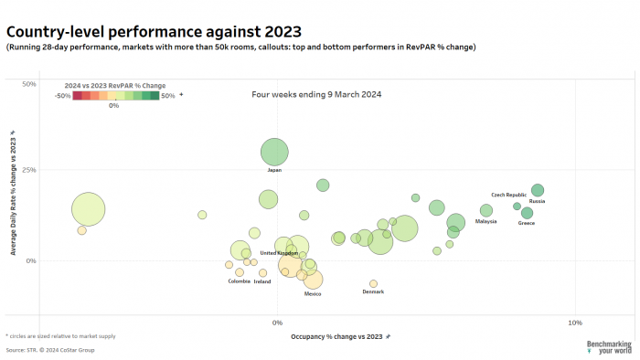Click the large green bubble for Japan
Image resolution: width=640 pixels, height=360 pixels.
pos(275,153)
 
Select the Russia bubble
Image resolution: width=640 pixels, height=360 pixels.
pos(538,190)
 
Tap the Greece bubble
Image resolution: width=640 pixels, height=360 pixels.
pos(527,213)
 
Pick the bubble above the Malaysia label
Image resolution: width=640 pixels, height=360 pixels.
pos(486,211)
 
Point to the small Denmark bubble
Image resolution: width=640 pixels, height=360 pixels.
pos(373,283)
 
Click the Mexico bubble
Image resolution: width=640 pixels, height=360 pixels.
pos(313,280)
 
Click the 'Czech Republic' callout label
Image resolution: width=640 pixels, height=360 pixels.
pos(508,195)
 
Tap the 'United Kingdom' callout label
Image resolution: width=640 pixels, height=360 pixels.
pos(279,253)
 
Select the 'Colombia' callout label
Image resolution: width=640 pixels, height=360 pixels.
pos(239,281)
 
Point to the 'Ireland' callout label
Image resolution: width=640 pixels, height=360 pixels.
pos(262,281)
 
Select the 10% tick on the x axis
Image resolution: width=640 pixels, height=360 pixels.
pos(575,323)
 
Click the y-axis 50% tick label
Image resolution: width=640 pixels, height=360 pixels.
pos(28,84)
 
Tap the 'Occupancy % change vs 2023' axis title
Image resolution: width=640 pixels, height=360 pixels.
pos(332,336)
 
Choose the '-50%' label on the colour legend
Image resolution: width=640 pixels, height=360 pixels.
pos(63,95)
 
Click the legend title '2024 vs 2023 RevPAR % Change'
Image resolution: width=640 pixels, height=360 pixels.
pos(115,85)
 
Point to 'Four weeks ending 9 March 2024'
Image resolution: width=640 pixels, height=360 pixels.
pos(316,94)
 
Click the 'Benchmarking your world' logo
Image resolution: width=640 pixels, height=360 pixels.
pos(608,346)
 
